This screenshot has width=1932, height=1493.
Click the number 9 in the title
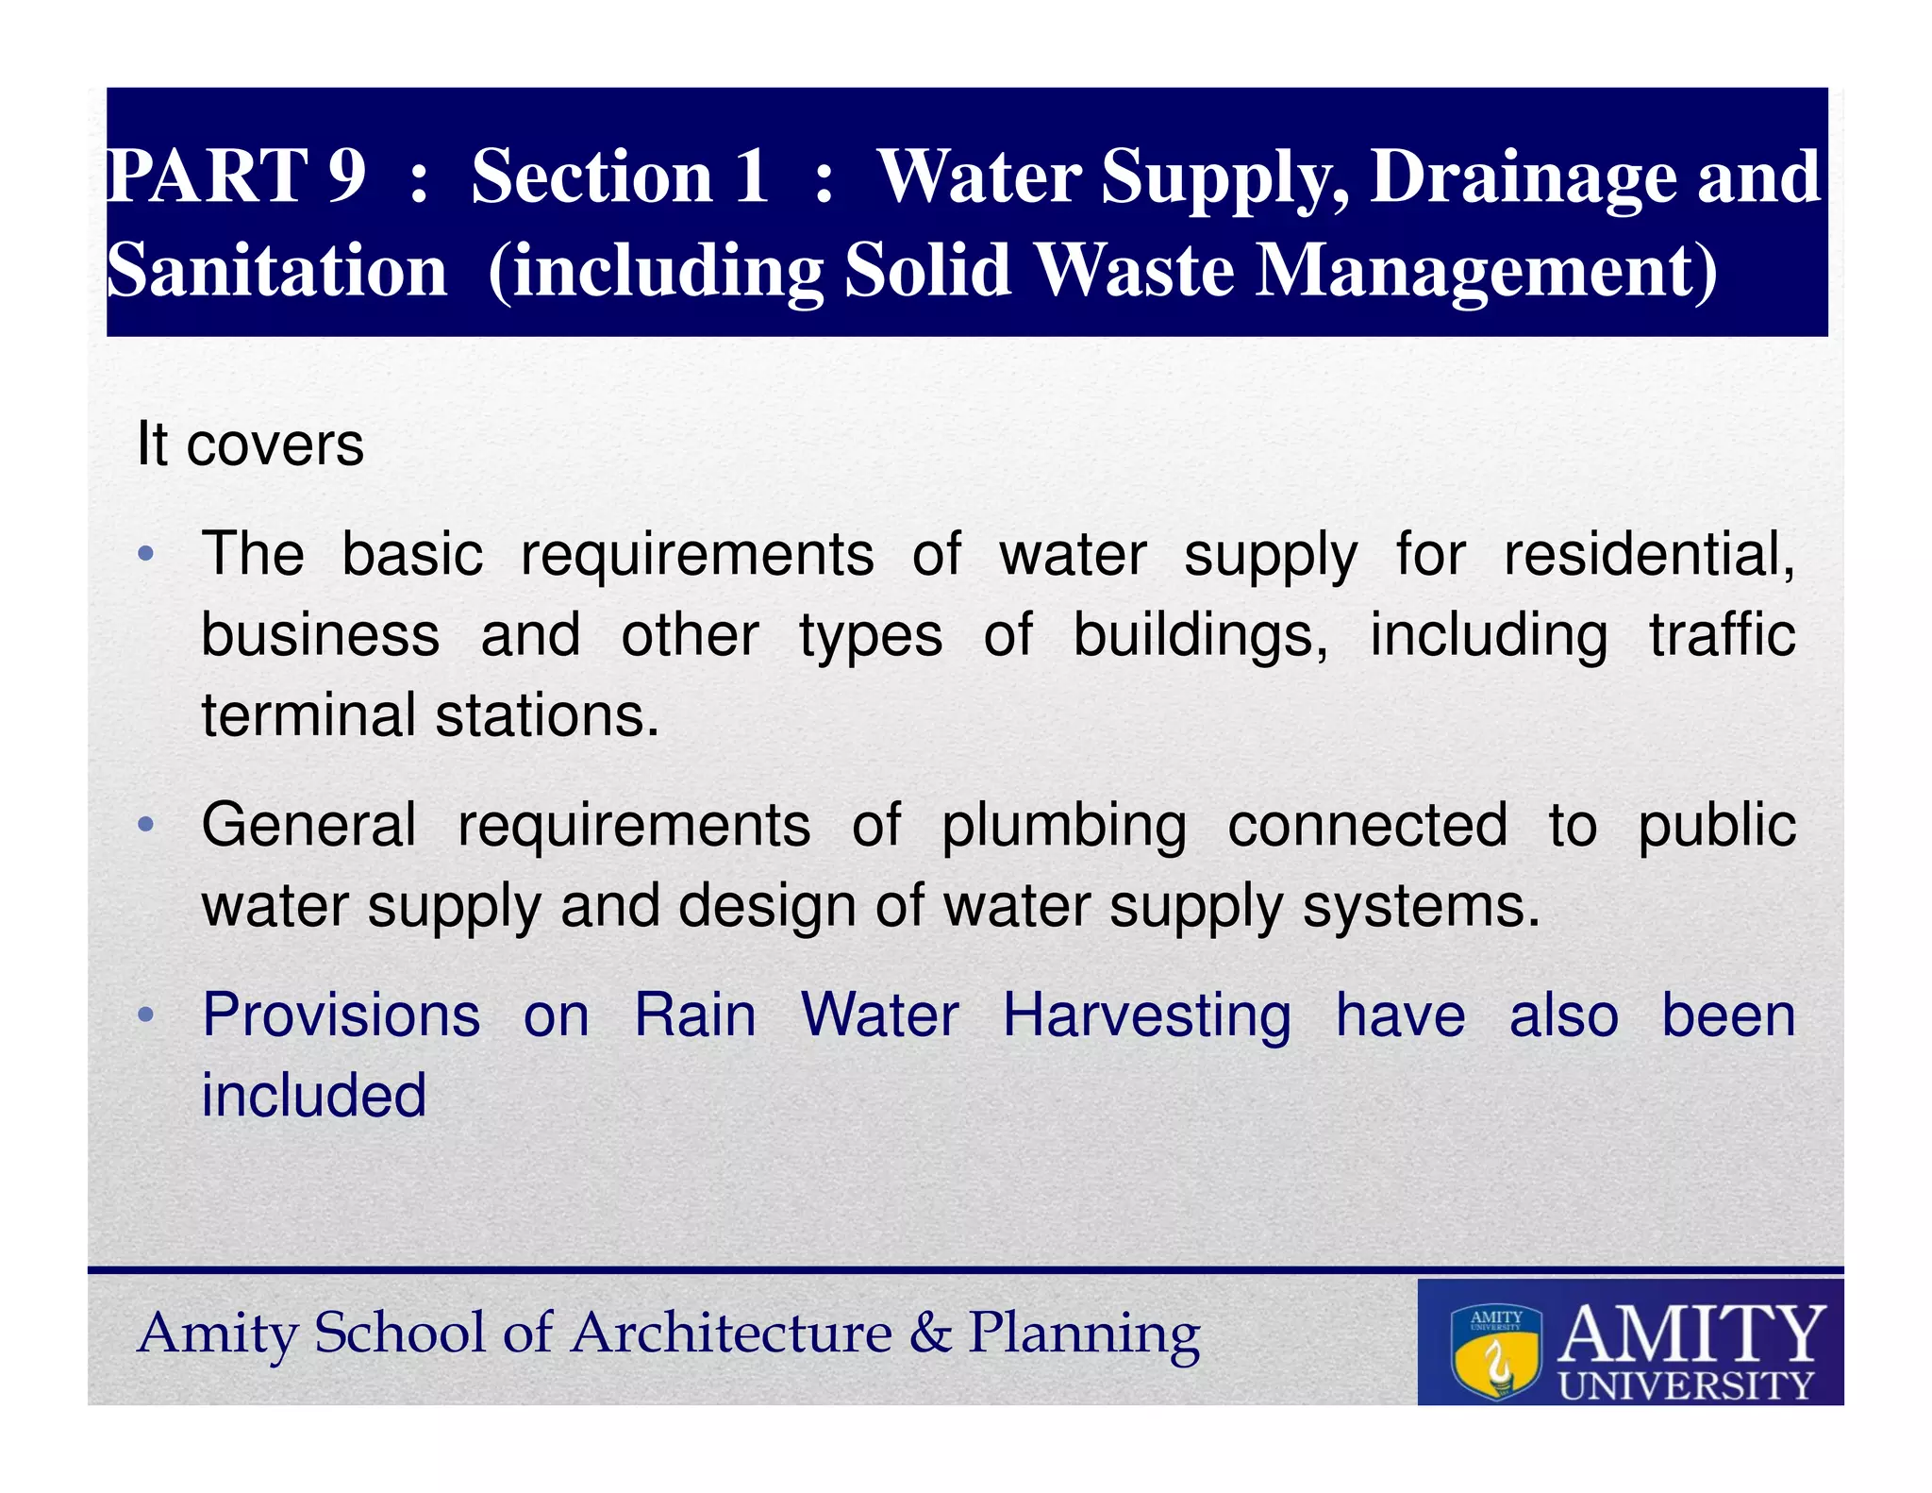tap(346, 176)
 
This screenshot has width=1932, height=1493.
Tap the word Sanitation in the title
tap(276, 271)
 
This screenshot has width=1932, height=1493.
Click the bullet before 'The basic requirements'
tap(145, 554)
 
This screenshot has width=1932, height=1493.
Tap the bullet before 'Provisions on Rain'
tap(145, 1016)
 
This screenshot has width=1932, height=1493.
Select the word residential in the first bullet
tap(1647, 554)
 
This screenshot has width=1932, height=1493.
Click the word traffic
tap(1722, 635)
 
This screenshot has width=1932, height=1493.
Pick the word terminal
tap(308, 715)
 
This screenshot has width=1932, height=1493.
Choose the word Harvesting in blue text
tap(1146, 1016)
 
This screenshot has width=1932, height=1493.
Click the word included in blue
tap(314, 1096)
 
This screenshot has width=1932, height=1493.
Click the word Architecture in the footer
tap(731, 1334)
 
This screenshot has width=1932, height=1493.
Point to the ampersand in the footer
tap(929, 1334)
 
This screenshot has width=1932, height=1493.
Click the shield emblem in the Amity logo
tap(1496, 1351)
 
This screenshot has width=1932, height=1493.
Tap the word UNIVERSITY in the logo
tap(1686, 1385)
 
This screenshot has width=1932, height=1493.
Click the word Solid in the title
tap(927, 271)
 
